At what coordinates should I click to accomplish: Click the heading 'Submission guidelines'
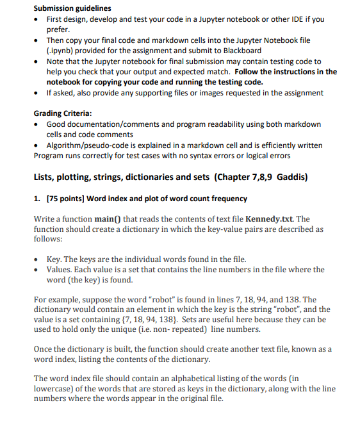coord(72,8)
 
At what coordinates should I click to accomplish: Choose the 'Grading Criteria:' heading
coord(67,113)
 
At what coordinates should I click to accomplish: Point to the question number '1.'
coord(37,199)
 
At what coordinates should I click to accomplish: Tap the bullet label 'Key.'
coord(56,259)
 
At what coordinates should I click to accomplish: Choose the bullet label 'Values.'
coord(61,270)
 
